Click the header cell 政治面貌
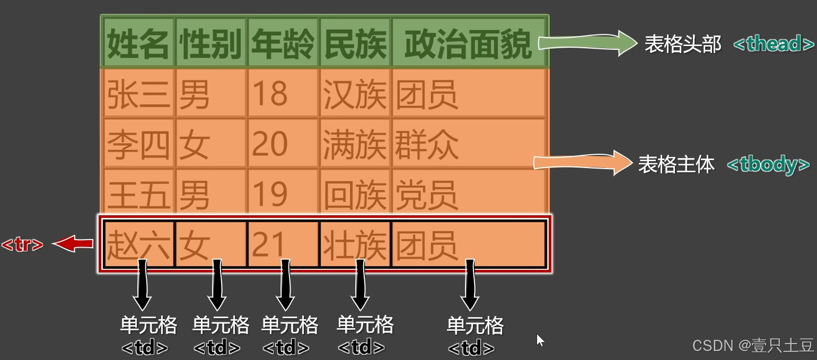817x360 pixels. (468, 45)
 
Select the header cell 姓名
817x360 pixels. (138, 45)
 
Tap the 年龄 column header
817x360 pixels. (283, 45)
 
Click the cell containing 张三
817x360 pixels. (138, 94)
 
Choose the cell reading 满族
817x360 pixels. (355, 144)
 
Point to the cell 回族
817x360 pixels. (355, 194)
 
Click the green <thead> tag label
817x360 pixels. (774, 44)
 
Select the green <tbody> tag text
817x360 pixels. (768, 164)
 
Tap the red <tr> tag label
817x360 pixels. (22, 245)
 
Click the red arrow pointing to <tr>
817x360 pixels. (73, 244)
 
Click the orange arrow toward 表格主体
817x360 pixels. (581, 162)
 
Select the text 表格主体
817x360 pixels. (676, 165)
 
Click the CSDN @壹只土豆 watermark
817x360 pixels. (753, 346)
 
